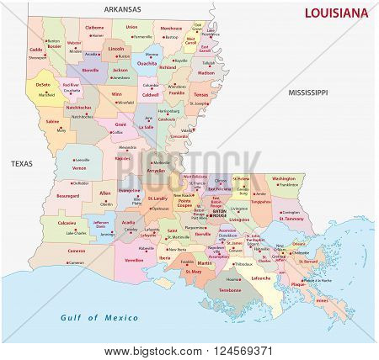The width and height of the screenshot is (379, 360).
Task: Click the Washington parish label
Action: [x=284, y=177]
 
